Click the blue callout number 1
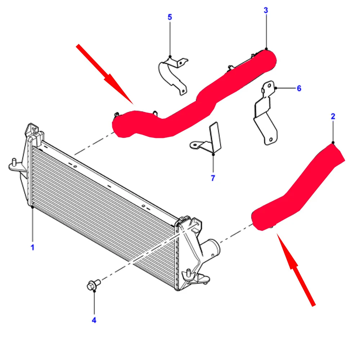tap(32, 248)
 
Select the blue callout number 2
tap(333, 116)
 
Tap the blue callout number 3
tap(266, 10)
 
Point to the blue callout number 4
tap(94, 320)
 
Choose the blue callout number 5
tap(170, 17)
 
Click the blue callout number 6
tap(299, 88)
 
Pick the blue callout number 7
tap(213, 178)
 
